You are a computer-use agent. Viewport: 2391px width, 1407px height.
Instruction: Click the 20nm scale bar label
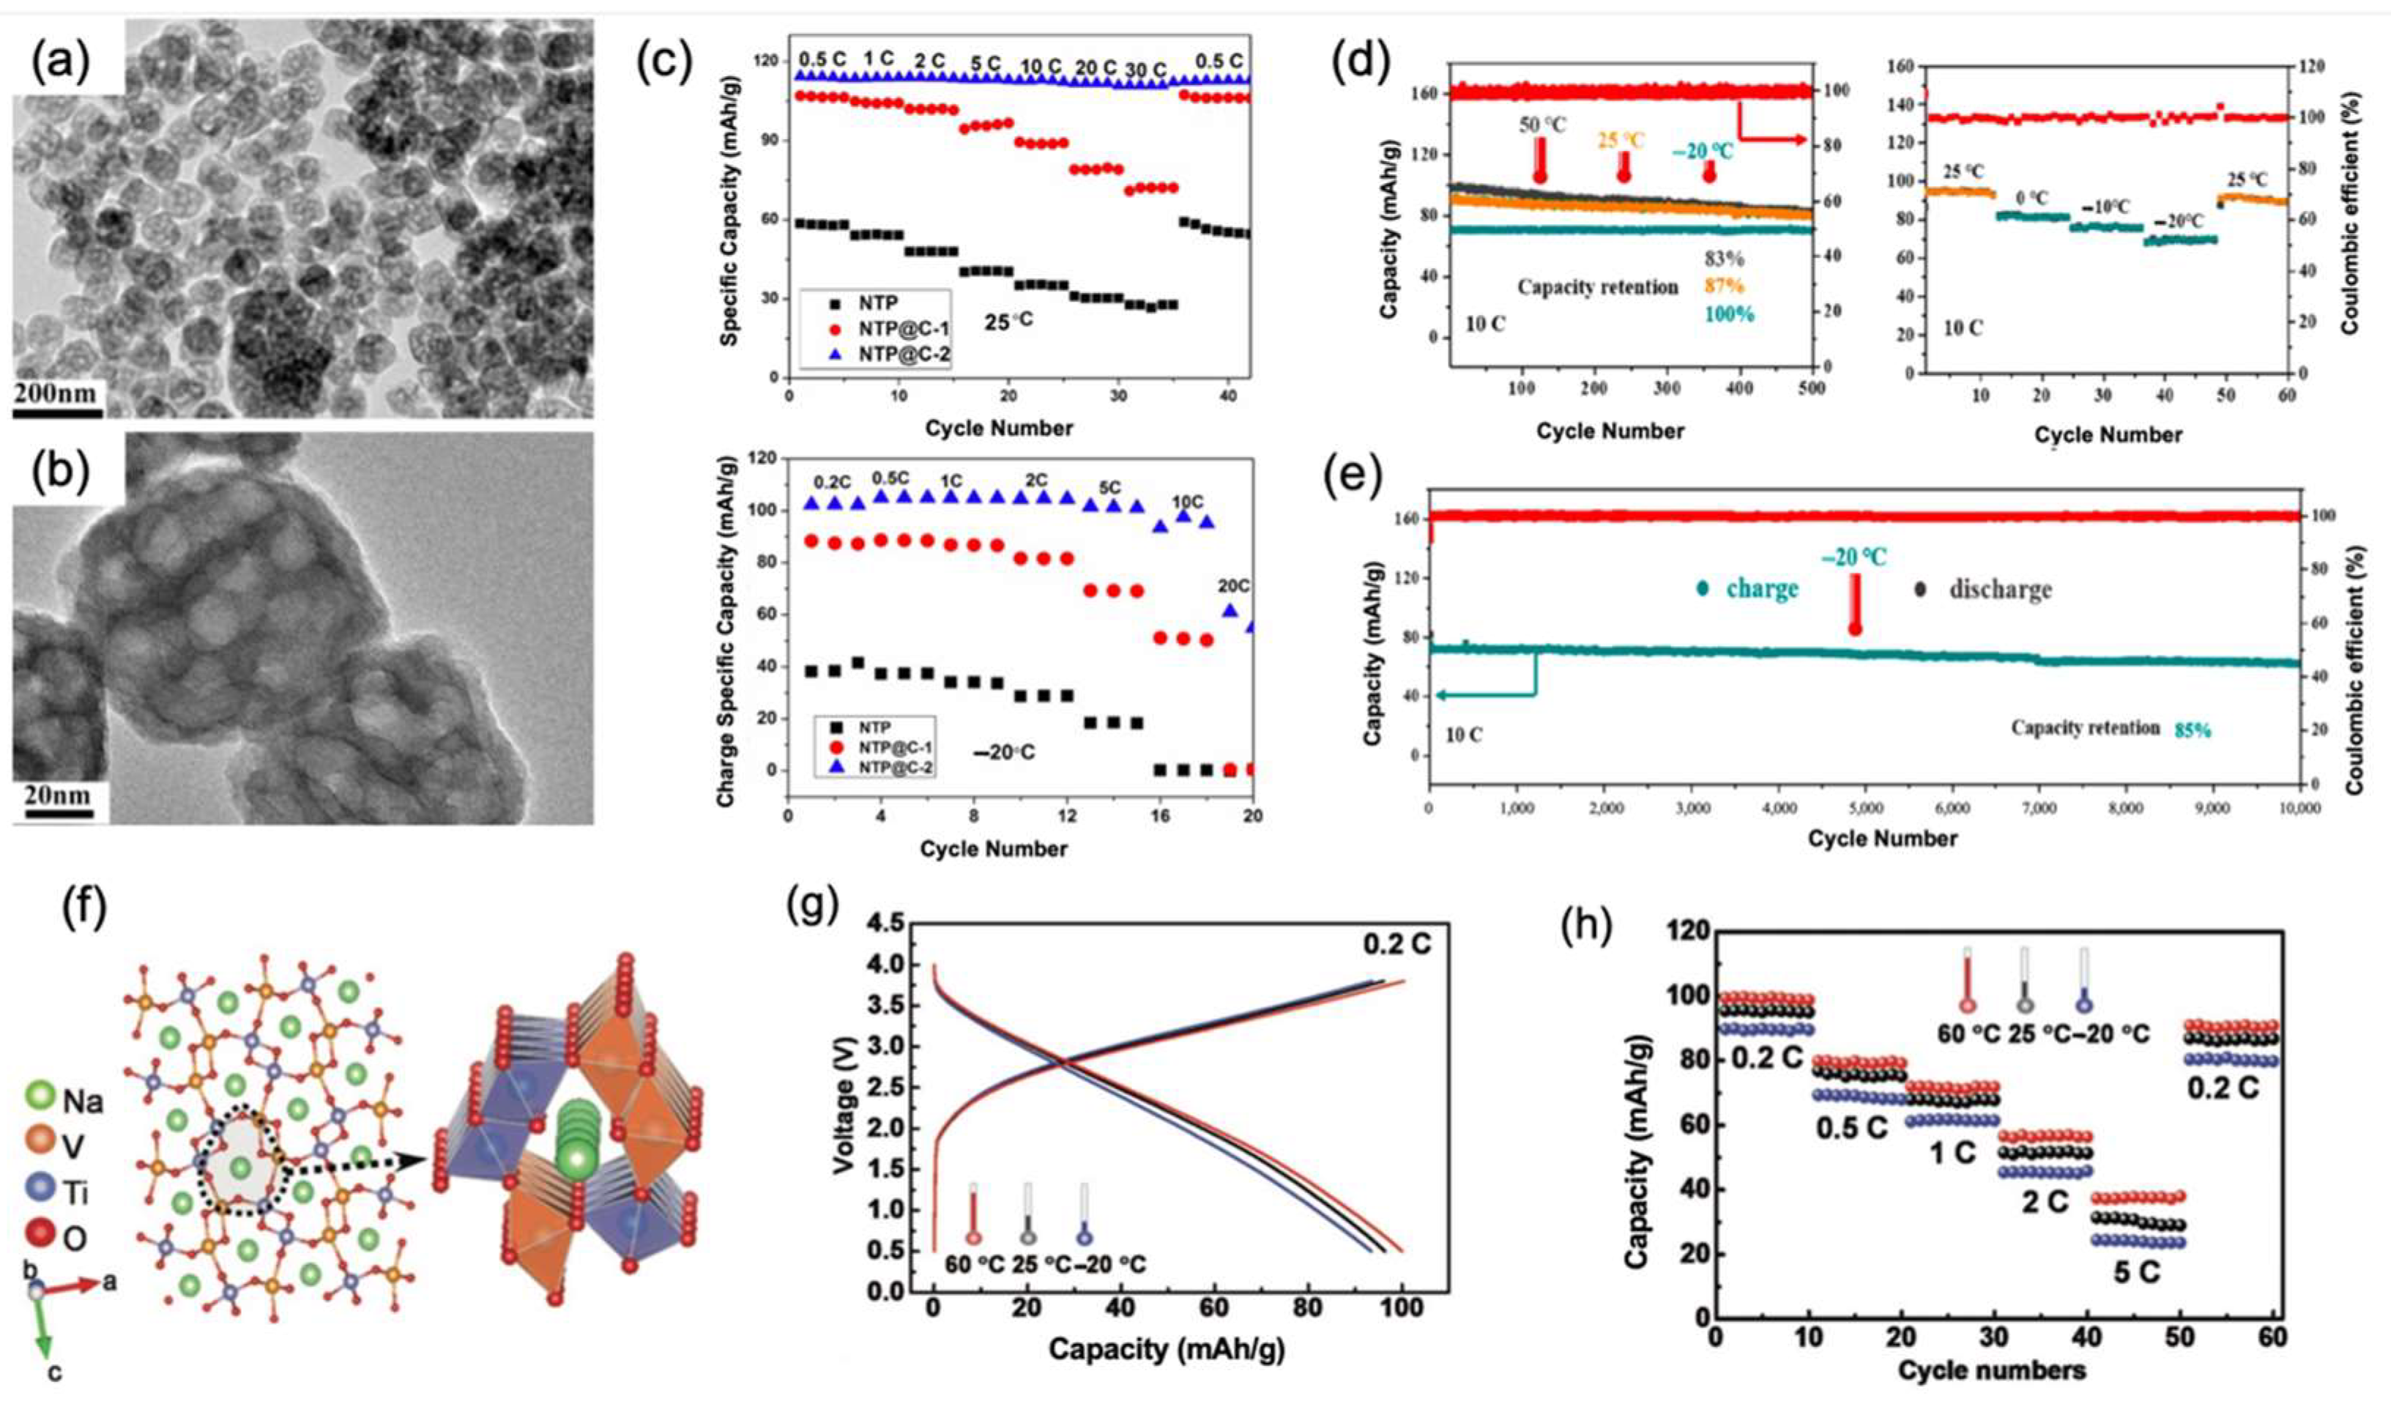tap(57, 795)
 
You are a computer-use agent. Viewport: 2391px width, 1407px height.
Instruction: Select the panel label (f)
tap(83, 909)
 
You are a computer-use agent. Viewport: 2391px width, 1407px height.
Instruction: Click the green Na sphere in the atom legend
tap(40, 1101)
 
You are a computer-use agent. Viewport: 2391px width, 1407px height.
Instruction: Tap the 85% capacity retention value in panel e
tap(2192, 730)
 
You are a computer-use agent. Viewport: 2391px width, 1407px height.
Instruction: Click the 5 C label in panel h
tap(2135, 1273)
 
